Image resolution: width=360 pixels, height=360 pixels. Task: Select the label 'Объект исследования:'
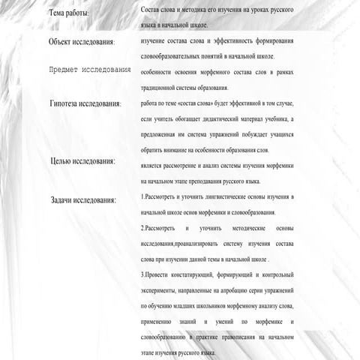coord(80,42)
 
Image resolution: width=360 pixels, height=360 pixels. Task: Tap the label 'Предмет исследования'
coord(89,70)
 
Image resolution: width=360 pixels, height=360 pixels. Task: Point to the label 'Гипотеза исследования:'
coord(85,103)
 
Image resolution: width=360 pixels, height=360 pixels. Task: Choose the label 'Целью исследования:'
coord(82,160)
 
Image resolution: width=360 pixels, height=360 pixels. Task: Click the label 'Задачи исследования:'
coord(83,200)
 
